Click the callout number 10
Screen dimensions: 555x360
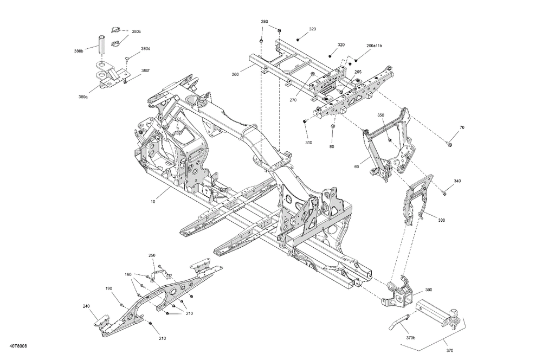click(153, 202)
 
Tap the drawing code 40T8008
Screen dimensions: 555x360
click(18, 346)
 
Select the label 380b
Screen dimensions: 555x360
click(79, 51)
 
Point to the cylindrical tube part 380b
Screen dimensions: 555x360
click(101, 44)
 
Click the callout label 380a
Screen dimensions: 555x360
click(83, 97)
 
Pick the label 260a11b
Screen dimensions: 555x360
click(374, 46)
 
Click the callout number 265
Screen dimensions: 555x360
click(358, 72)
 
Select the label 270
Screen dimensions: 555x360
click(293, 100)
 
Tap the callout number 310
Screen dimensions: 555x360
click(308, 143)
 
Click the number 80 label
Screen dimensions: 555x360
click(332, 146)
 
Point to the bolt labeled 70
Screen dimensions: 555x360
click(449, 144)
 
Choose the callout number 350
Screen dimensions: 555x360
click(380, 115)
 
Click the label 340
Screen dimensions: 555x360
click(457, 181)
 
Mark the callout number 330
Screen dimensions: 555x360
click(441, 220)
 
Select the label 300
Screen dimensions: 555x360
click(429, 290)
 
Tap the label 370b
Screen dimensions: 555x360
click(411, 338)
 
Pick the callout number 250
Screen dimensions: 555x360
click(152, 255)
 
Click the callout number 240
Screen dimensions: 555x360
click(86, 306)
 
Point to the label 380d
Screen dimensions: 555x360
click(145, 48)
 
